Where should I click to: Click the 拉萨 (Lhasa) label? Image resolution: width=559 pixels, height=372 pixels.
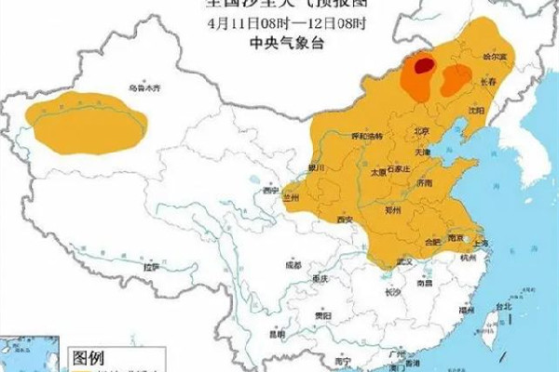pyautogui.click(x=151, y=267)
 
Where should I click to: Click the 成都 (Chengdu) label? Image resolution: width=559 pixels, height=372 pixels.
pyautogui.click(x=293, y=265)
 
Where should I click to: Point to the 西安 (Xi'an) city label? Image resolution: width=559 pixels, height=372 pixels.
pyautogui.click(x=345, y=219)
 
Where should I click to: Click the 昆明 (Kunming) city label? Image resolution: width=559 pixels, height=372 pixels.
pyautogui.click(x=278, y=332)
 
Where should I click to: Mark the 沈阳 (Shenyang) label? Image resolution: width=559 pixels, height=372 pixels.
pyautogui.click(x=478, y=110)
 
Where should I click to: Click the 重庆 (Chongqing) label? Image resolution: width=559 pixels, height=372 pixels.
pyautogui.click(x=321, y=280)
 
